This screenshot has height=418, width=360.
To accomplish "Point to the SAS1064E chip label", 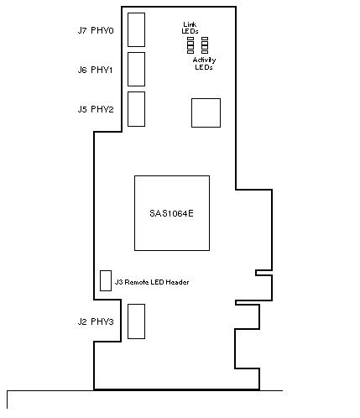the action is [x=171, y=213].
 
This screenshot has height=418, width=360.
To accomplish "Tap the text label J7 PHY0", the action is [x=96, y=30].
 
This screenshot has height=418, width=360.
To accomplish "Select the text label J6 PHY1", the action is [x=95, y=70].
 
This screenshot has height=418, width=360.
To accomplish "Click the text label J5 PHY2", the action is [x=96, y=109].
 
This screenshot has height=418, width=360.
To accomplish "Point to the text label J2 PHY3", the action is [x=96, y=321].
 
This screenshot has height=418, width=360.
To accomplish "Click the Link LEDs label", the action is [x=190, y=28].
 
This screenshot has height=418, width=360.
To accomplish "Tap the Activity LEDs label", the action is [x=204, y=64].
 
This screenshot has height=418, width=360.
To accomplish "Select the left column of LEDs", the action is [x=190, y=45].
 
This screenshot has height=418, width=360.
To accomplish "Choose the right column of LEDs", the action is [x=205, y=45].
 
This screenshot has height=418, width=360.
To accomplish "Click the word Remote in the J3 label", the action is [x=137, y=282].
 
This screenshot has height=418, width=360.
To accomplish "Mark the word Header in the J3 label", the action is [x=177, y=282].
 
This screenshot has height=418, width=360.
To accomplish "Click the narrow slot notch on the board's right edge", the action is [x=263, y=273].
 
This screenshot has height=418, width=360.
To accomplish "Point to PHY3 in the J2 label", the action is [x=102, y=321].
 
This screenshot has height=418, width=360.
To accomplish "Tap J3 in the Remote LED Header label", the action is [x=119, y=282].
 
